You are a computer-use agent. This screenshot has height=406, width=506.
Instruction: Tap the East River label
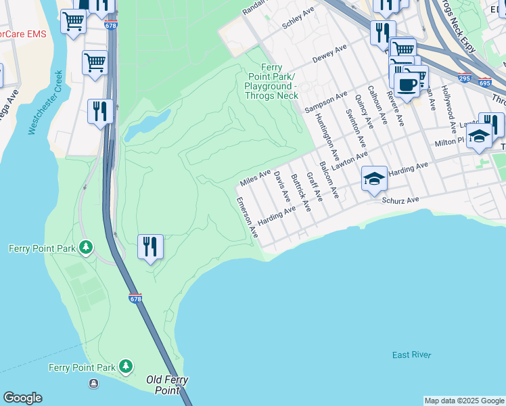click(x=411, y=355)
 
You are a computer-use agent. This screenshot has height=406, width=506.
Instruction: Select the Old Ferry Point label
click(x=167, y=385)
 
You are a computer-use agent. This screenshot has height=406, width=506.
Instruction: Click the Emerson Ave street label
click(x=247, y=217)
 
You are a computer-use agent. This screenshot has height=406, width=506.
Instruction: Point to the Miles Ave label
click(x=255, y=179)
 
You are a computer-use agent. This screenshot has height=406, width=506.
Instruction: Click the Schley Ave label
click(x=298, y=19)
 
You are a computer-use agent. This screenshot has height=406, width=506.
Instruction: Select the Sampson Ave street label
click(x=325, y=101)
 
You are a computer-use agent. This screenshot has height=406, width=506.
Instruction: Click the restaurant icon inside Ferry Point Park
click(x=150, y=247)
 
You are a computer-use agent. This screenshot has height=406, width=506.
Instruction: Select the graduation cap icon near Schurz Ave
click(x=374, y=179)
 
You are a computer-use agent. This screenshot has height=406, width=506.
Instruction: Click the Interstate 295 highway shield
click(x=464, y=78)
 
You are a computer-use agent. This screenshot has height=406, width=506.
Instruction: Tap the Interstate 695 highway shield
click(x=484, y=83)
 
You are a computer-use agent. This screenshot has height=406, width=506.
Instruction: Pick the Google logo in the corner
click(x=22, y=398)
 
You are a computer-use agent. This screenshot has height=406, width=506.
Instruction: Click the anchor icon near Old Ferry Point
click(x=93, y=384)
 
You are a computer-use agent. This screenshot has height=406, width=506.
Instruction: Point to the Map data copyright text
click(x=464, y=401)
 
